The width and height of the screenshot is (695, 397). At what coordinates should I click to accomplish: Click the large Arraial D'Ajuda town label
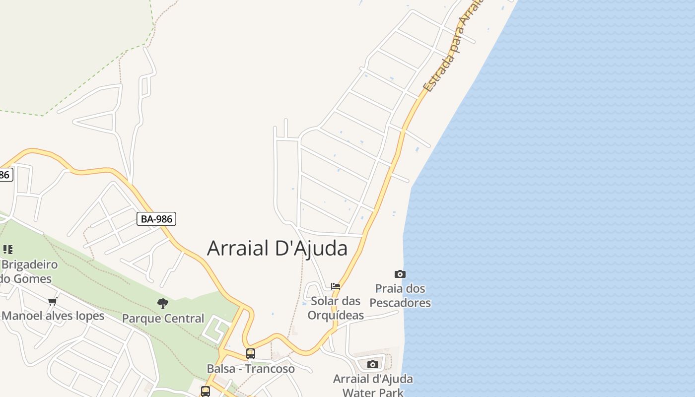pos(277,248)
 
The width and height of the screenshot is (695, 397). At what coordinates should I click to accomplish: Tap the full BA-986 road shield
pos(156,218)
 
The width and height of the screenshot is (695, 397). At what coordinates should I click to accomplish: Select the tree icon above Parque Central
pos(163,304)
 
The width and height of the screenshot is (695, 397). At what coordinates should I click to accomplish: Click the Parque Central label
pos(163,319)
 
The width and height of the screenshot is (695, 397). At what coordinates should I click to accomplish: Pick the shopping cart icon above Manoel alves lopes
pos(53,301)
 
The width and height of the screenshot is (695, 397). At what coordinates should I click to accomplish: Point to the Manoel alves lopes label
pos(53,316)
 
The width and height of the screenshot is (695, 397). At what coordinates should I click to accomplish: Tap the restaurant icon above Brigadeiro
pos(8,249)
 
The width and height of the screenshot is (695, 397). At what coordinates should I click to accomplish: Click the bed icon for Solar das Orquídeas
pos(336,286)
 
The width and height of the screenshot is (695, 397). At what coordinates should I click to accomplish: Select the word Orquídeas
pos(336,315)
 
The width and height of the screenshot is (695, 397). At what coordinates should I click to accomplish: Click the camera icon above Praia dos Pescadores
pos(400,274)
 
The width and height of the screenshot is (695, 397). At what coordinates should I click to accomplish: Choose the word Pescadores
pos(400,303)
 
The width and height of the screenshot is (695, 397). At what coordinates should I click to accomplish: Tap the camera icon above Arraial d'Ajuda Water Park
pos(373,365)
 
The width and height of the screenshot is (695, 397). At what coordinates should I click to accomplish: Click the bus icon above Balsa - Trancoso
pos(251,354)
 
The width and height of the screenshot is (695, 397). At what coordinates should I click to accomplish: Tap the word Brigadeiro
pos(30,264)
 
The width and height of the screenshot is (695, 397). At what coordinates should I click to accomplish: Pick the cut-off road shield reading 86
pos(5,175)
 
